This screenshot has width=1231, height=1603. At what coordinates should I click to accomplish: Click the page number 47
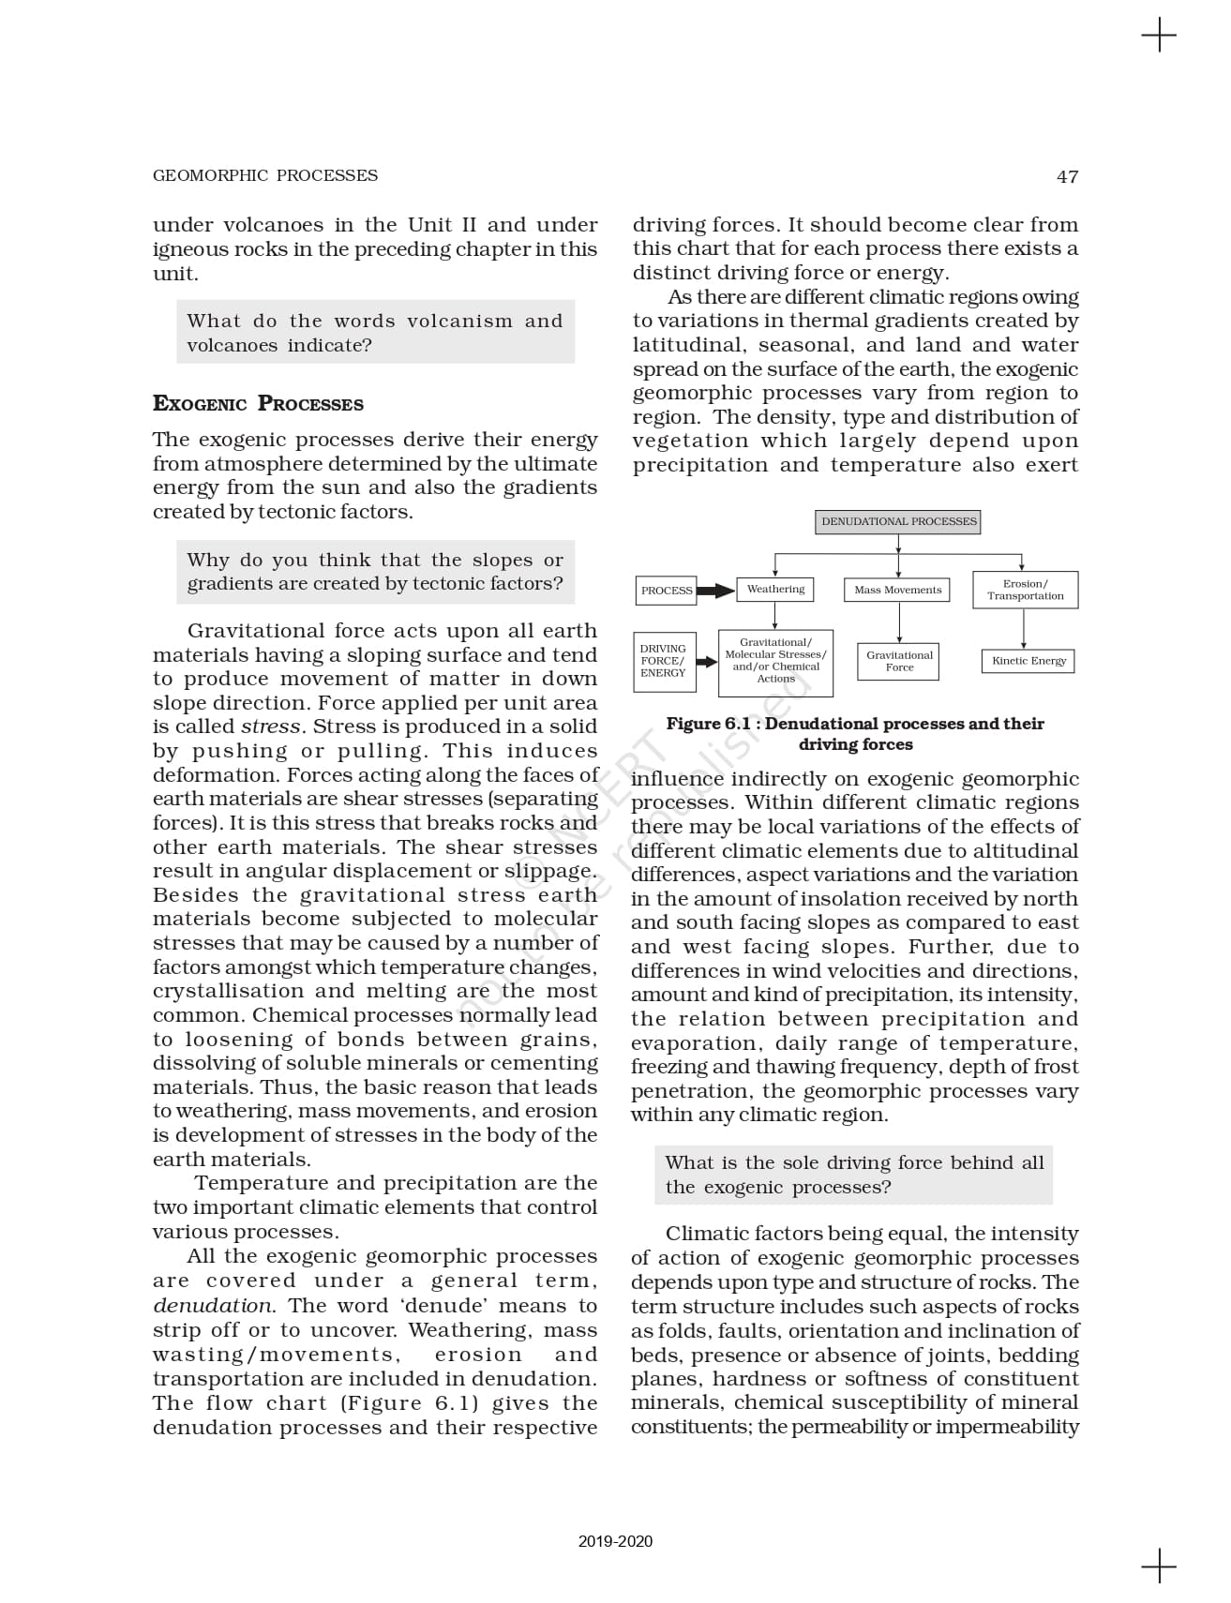coord(1067,176)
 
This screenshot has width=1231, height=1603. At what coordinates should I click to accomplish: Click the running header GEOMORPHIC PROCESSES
coord(264,175)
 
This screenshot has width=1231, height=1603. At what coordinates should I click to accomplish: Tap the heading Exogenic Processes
coord(258,404)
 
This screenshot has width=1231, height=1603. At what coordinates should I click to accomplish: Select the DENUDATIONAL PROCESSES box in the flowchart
coord(898,521)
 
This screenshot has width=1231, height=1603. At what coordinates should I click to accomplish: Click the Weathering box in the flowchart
coord(775,590)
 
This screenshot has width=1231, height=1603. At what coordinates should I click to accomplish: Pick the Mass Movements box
coord(897,591)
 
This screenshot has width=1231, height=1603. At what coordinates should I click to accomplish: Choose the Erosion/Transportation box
coord(1025,590)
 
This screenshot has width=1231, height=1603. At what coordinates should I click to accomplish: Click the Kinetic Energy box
coord(1028,661)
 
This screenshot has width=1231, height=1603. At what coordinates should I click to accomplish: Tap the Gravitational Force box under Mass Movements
coord(899,661)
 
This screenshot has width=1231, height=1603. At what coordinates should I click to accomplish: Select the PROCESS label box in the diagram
coord(666,591)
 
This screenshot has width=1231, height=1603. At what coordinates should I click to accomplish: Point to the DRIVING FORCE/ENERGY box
coord(664,661)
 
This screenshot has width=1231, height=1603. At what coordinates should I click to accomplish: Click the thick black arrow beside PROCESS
coord(716,591)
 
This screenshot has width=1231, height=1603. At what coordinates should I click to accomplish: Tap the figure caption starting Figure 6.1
coord(855,734)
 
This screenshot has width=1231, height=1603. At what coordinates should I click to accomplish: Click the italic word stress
coord(271,727)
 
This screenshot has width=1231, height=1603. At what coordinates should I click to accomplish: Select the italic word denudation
coord(213,1306)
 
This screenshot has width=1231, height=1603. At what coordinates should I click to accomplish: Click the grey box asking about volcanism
coord(375,333)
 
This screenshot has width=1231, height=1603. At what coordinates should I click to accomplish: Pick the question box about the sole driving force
coord(854,1175)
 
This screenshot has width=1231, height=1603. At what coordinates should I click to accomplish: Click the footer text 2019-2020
coord(615,1541)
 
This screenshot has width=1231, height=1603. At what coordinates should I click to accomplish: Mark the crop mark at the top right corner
coord(1159,36)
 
